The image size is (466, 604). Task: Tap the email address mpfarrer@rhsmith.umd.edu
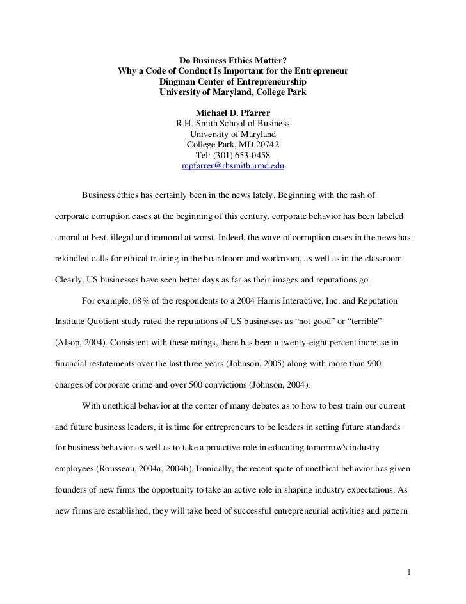point(232,165)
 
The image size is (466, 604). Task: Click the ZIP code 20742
point(266,145)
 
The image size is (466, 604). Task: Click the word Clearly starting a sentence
point(66,279)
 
